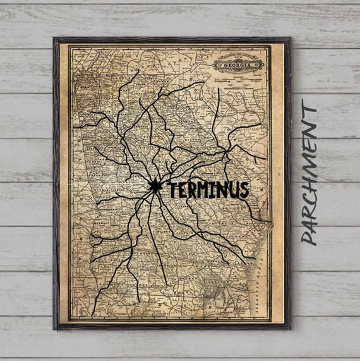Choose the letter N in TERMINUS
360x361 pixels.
point(219,190)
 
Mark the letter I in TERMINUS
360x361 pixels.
point(210,190)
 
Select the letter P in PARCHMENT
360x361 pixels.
point(309,237)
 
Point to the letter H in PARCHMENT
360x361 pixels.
point(309,176)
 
